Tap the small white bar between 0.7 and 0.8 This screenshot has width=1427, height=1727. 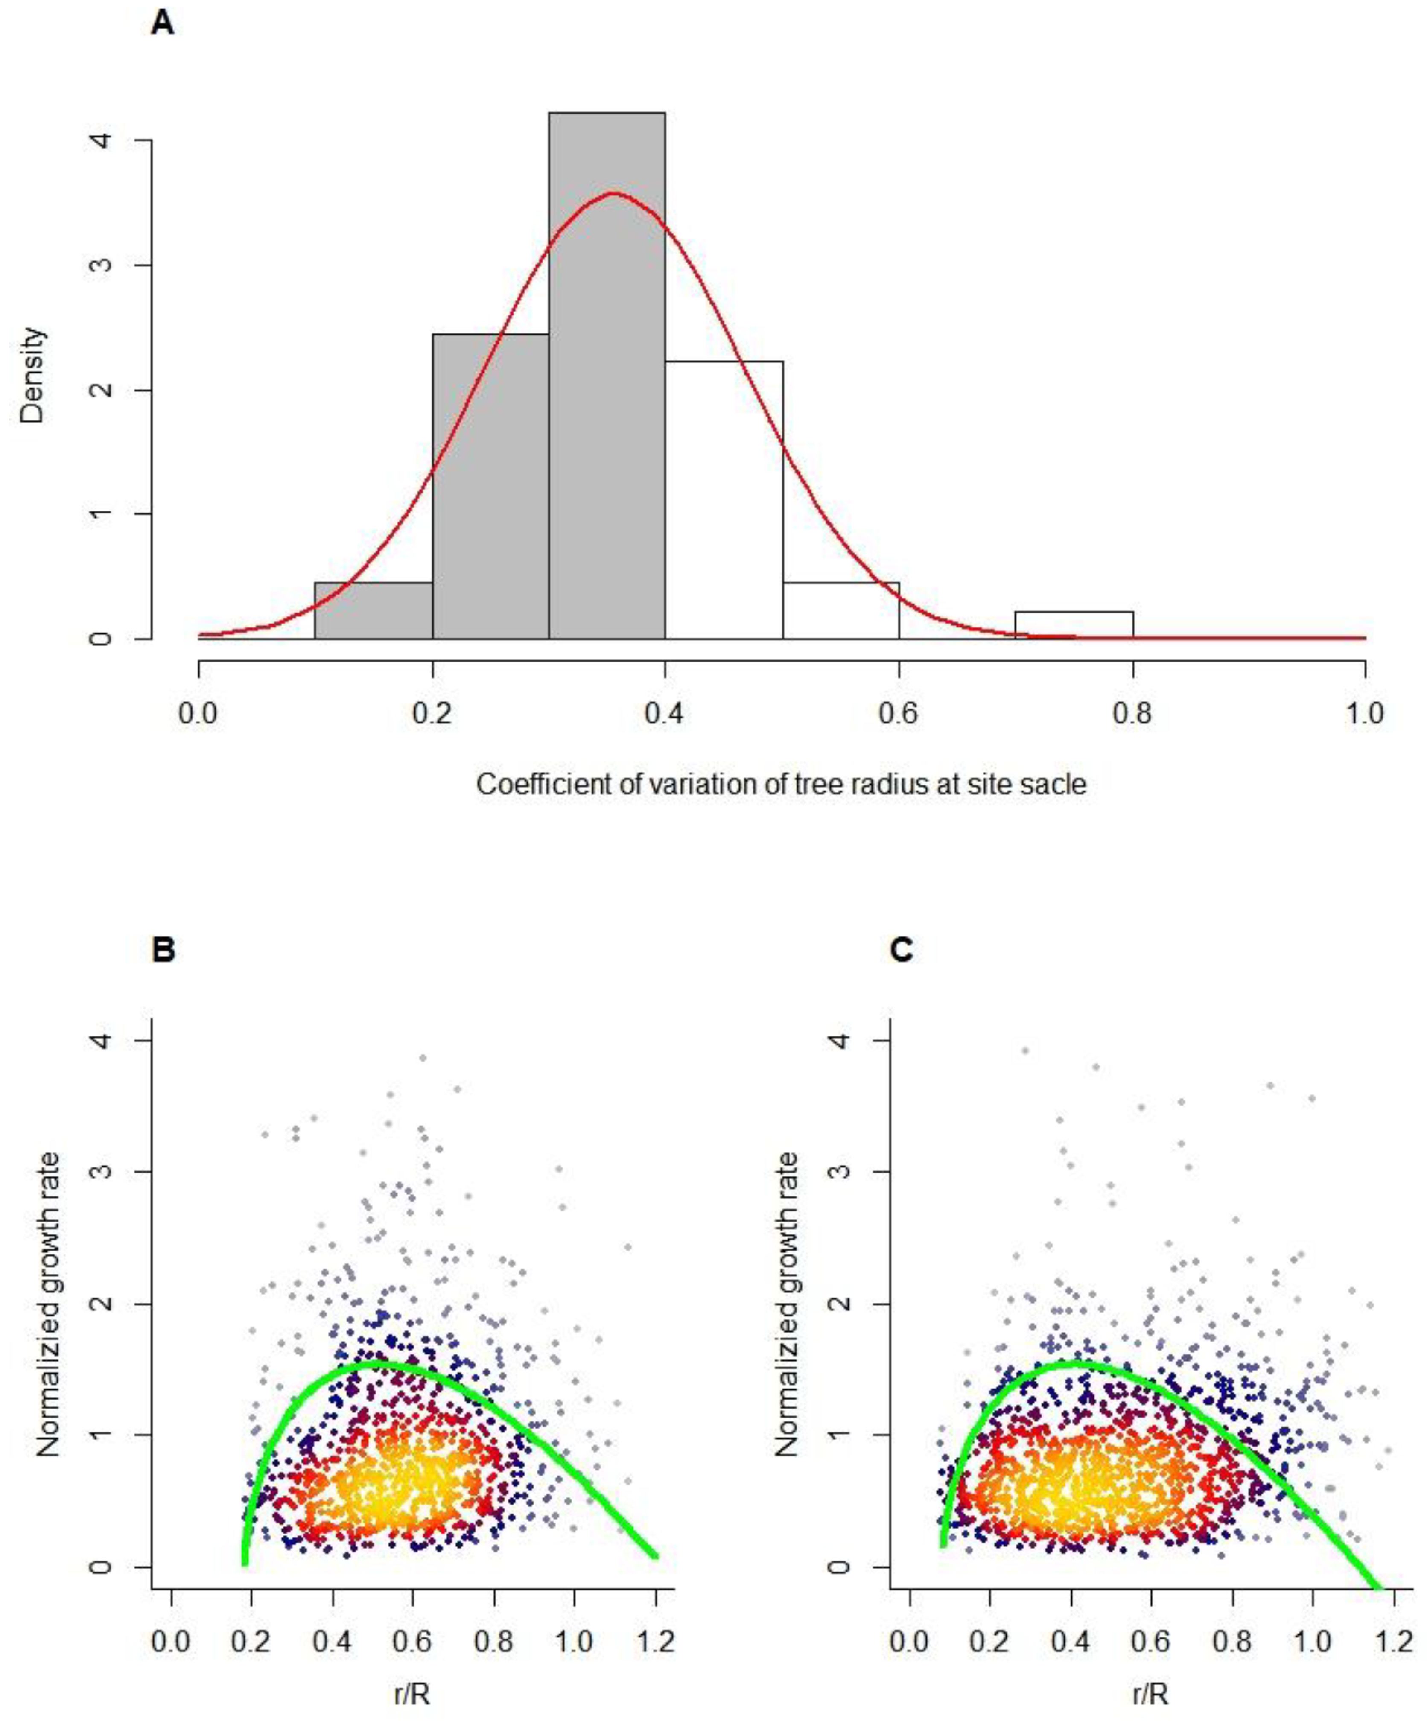click(1074, 625)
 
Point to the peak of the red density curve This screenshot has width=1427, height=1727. click(613, 193)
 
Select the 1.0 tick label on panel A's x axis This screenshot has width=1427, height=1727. click(1365, 713)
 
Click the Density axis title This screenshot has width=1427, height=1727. click(33, 376)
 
